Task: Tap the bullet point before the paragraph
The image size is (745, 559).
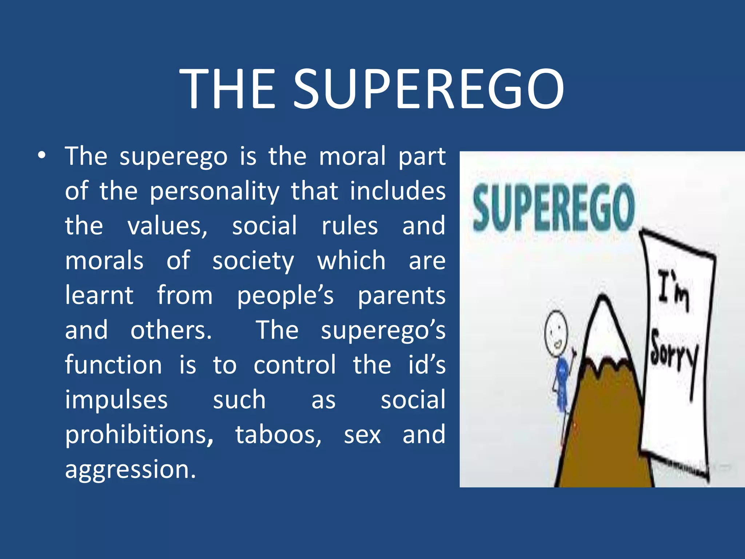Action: coord(42,156)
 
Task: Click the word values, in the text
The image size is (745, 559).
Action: coord(167,226)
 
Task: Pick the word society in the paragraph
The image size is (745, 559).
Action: coord(253,261)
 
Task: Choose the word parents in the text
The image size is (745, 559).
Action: coord(402,296)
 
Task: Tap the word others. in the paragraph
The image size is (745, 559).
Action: coord(171,330)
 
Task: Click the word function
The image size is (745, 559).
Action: coord(113,365)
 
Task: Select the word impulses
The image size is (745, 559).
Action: coord(116,400)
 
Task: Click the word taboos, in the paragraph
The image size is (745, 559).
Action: coord(278,435)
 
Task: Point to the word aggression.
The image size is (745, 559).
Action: coord(131,470)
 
